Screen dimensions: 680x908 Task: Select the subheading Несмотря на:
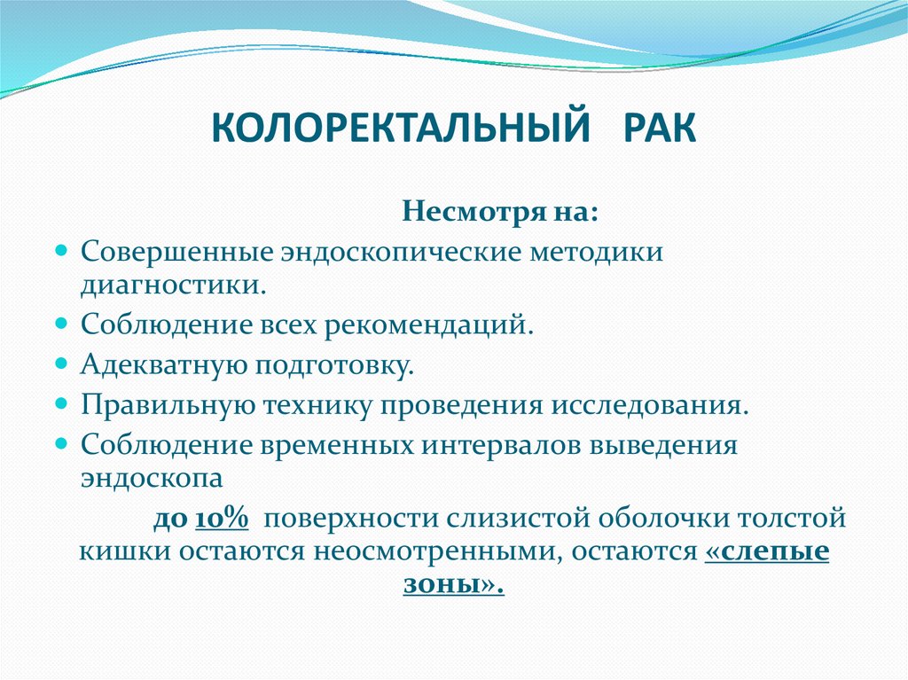click(x=500, y=213)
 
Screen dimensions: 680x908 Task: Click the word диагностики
click(x=173, y=285)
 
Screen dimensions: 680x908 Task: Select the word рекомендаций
click(x=429, y=325)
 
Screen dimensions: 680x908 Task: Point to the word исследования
click(x=652, y=405)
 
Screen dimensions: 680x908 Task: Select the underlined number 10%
click(x=221, y=519)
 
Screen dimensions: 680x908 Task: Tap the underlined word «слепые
click(x=767, y=551)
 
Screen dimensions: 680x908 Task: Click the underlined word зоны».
click(x=453, y=585)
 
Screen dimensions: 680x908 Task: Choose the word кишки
click(x=124, y=551)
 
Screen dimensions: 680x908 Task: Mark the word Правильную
click(x=165, y=405)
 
